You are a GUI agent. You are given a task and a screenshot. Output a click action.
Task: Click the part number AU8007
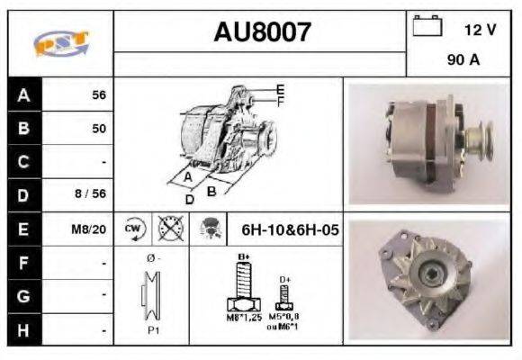(262, 33)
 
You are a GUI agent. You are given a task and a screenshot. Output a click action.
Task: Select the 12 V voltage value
(480, 29)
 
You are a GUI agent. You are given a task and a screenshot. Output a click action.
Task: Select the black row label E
(22, 229)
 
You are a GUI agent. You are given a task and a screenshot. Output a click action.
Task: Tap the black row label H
(22, 329)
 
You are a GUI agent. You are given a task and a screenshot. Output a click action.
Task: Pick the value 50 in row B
(98, 128)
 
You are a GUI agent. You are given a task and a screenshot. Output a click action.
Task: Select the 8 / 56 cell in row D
(91, 195)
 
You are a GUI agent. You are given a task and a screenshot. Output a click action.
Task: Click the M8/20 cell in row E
(89, 229)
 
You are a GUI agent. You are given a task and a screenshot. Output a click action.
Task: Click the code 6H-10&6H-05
(290, 229)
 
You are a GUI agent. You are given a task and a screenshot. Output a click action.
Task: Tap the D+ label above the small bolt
(284, 280)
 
